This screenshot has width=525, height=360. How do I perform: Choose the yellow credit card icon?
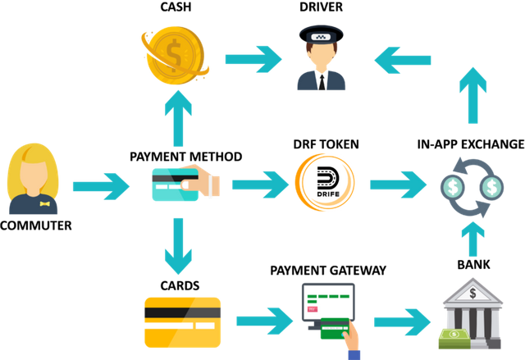coord(182,319)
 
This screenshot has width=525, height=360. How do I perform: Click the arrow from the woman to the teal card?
coord(101,185)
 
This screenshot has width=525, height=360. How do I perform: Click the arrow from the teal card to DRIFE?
coord(261,184)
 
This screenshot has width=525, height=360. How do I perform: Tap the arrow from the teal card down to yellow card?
coord(178,247)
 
